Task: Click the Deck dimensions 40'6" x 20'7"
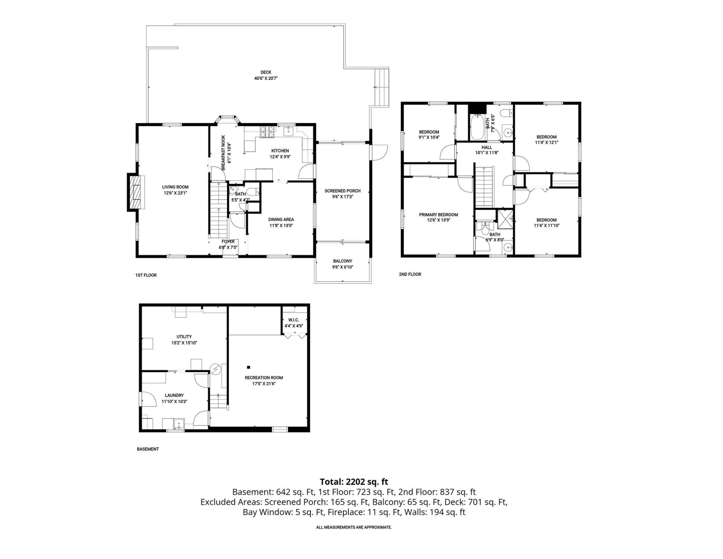coord(266,78)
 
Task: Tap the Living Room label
coord(175,187)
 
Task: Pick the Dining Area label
coord(281,219)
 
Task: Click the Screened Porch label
coord(342,191)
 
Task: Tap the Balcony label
coord(342,261)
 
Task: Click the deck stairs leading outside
coord(381,87)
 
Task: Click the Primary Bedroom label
coord(438,215)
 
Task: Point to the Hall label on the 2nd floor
coord(487,147)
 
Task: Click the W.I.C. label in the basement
coord(294,320)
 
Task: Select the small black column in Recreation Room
coord(248,367)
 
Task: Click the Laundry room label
coord(174,395)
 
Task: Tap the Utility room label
coord(184,336)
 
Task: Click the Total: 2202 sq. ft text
coord(354,482)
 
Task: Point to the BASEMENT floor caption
coord(147,449)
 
